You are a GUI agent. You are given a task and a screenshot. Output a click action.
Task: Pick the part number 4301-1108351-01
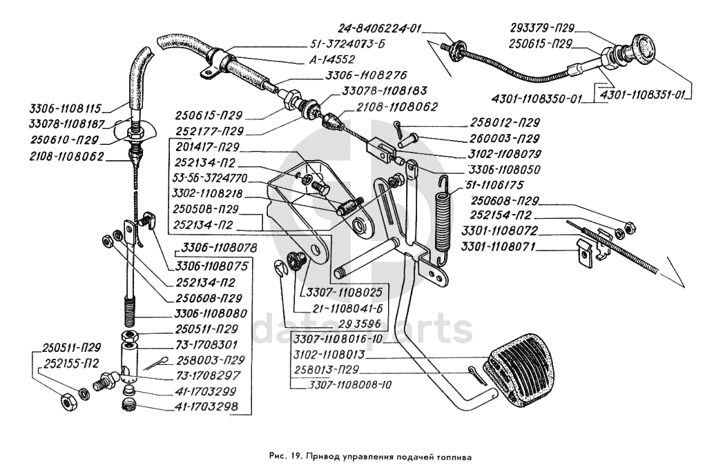[646, 94]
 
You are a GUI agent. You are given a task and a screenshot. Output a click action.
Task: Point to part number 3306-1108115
[66, 108]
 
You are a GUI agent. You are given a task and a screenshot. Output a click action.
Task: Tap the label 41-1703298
[204, 408]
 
